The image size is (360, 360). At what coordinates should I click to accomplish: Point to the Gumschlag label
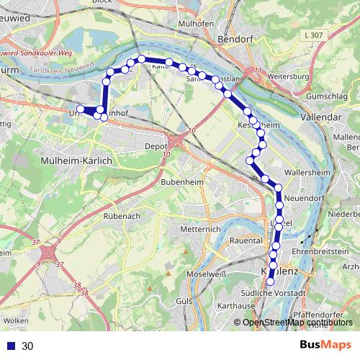(x=328, y=96)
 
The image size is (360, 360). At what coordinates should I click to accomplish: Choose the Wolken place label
(x=16, y=319)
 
